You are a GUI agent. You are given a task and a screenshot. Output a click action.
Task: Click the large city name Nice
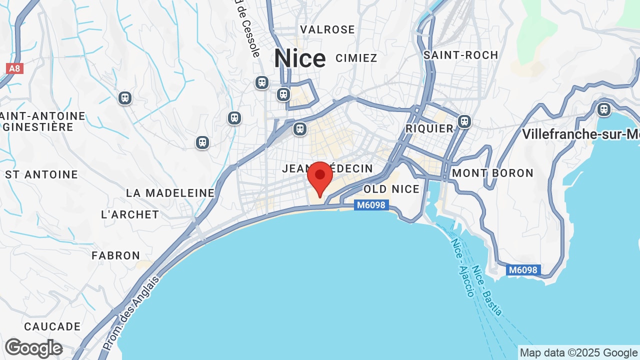300,59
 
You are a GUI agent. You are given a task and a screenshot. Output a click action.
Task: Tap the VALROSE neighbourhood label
327,29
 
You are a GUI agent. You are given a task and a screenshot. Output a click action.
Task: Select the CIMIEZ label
356,58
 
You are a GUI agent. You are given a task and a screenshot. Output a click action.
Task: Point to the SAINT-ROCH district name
460,55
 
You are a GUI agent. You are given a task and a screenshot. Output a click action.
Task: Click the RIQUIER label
429,128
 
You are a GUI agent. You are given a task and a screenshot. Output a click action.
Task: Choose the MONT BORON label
493,173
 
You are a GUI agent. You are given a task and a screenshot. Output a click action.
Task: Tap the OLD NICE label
391,189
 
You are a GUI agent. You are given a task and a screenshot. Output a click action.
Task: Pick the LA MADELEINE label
170,193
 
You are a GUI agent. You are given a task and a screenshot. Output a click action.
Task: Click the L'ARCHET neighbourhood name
130,214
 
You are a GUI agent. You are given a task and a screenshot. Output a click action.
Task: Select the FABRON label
116,255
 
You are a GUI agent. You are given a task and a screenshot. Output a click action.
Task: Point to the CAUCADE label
52,326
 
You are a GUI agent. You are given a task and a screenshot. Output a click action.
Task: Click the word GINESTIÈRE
38,127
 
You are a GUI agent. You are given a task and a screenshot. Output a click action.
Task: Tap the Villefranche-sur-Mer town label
580,134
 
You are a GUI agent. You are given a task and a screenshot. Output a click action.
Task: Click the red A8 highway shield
14,68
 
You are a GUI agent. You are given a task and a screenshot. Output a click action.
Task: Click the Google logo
33,348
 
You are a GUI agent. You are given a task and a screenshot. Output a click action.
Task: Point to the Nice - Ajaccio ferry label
462,267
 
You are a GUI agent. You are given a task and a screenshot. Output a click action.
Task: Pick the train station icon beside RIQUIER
464,121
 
